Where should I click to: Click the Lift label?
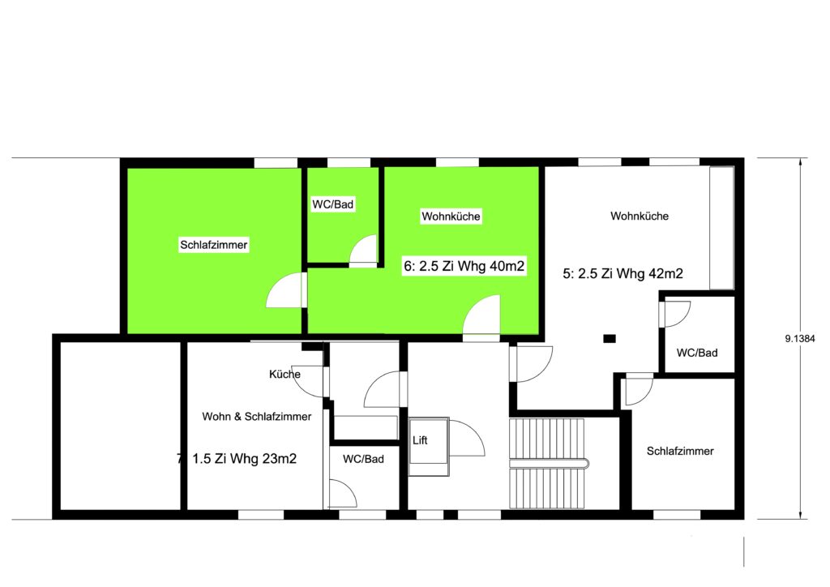(420, 440)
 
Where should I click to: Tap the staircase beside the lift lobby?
(548, 464)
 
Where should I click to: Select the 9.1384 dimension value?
(800, 339)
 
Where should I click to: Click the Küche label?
(285, 375)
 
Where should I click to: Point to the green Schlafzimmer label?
(214, 245)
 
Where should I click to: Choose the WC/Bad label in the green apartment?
(333, 204)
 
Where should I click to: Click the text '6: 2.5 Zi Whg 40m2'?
(464, 266)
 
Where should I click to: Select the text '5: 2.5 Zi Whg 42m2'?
(622, 273)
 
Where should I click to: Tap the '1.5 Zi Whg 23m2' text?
(244, 458)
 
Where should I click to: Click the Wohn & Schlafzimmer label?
(257, 417)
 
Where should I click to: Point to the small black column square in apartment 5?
(610, 338)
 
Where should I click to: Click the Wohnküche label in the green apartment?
(451, 216)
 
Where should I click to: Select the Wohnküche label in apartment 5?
(640, 216)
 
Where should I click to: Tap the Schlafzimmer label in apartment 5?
(680, 451)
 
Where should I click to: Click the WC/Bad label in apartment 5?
(697, 353)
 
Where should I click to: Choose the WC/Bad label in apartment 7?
(363, 459)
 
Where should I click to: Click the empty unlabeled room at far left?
(121, 426)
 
